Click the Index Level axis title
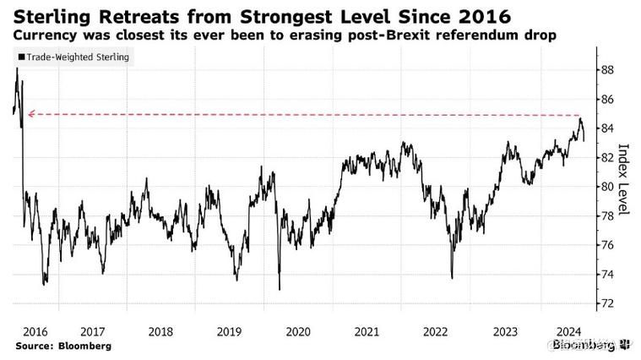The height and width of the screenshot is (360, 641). click(624, 178)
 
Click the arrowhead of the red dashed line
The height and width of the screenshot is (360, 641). click(30, 114)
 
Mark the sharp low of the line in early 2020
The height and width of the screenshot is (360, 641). click(279, 290)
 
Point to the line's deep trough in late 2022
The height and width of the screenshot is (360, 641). click(452, 277)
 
